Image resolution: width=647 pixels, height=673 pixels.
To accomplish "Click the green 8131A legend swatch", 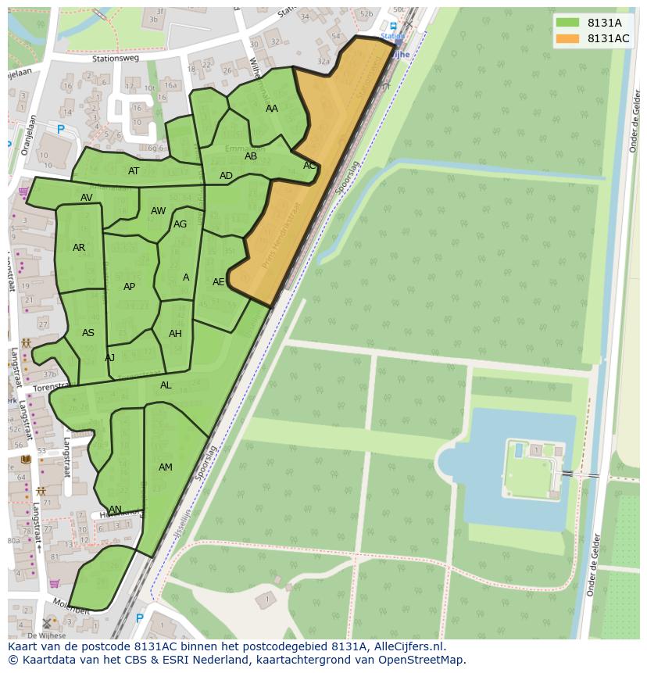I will pos(567,23).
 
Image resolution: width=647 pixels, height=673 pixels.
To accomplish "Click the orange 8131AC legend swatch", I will pos(567,38).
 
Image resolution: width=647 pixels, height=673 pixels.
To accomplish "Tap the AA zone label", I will pos(272,109).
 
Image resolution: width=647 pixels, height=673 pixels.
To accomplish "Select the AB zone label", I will pos(251,156).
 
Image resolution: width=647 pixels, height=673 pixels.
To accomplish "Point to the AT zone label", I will pos(134,171).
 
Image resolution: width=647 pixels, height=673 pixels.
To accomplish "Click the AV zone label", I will pos(87,198).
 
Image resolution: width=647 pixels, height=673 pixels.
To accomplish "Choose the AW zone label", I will pos(159,211).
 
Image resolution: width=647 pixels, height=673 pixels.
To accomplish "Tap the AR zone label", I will pos(79,248).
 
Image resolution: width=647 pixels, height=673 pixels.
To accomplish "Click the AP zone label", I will pos(130,287).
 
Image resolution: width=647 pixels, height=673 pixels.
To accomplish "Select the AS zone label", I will pos(88,333).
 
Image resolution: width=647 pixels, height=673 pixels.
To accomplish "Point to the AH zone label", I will pos(175,334).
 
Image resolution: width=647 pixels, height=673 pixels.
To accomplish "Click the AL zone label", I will pos(166,385).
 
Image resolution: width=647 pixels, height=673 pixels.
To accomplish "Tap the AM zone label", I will pos(166,467).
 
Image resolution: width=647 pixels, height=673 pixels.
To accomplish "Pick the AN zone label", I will pos(115,510).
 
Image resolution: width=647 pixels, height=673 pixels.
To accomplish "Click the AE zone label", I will pos(219,281).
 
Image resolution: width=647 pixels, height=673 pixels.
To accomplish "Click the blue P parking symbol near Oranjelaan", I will pos(60,130).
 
